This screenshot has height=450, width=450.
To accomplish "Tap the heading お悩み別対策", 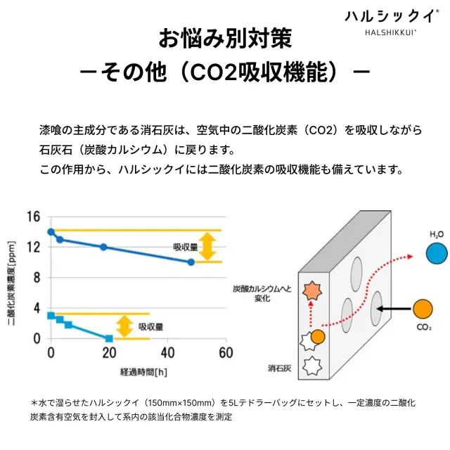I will point(224,38).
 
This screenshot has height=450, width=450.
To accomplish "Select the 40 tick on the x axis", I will point(167,352).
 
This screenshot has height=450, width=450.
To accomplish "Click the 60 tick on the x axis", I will point(224,352).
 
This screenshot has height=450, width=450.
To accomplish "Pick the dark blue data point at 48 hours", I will point(191,262).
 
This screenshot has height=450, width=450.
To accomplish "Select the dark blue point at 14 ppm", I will point(51,232).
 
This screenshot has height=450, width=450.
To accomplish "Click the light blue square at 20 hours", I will point(109,338).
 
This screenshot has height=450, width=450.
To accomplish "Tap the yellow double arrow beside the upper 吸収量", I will point(207,246).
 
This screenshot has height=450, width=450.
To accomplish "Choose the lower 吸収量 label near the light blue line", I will point(150,326).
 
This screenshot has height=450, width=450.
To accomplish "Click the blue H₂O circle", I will point(437,253).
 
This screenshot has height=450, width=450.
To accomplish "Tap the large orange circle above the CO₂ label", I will point(423,309).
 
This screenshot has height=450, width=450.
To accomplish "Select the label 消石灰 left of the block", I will point(279,367).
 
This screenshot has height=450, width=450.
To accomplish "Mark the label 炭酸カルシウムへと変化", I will point(261,293).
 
